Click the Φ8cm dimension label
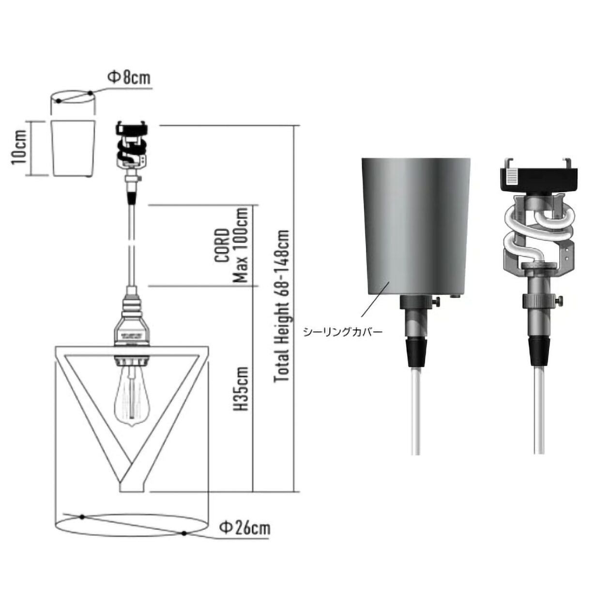(128, 78)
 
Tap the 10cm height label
(18, 148)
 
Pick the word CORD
(222, 245)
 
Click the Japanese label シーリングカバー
(343, 332)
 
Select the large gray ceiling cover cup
(416, 227)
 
